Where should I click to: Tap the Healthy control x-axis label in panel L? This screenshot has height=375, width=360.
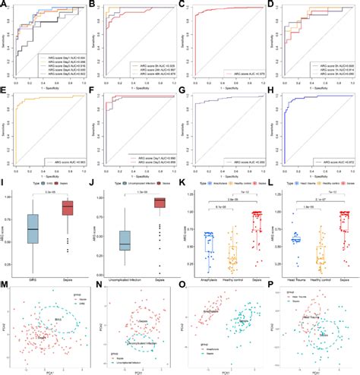point(320,280)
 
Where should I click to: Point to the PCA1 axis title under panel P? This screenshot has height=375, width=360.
point(317,371)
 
